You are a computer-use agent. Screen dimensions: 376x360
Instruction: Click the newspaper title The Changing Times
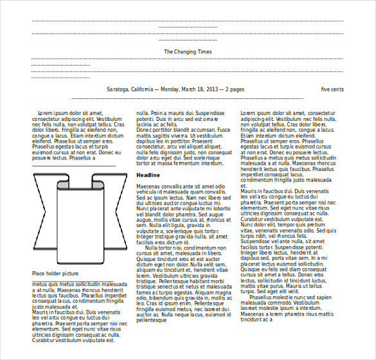188,51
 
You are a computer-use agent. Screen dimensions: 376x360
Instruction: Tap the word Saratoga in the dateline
118,89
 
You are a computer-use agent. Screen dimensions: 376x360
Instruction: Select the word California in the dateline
145,89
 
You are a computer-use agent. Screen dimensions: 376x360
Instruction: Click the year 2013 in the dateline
212,89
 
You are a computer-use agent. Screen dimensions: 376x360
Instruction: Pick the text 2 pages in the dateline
234,89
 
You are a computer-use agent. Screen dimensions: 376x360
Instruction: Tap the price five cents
332,89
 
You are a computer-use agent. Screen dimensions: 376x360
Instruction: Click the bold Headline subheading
148,175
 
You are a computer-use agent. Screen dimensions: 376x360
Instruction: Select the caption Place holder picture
55,274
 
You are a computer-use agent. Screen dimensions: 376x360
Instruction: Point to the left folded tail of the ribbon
44,212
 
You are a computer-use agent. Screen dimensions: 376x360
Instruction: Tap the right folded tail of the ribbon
115,212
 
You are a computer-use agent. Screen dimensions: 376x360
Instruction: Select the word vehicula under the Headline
148,192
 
